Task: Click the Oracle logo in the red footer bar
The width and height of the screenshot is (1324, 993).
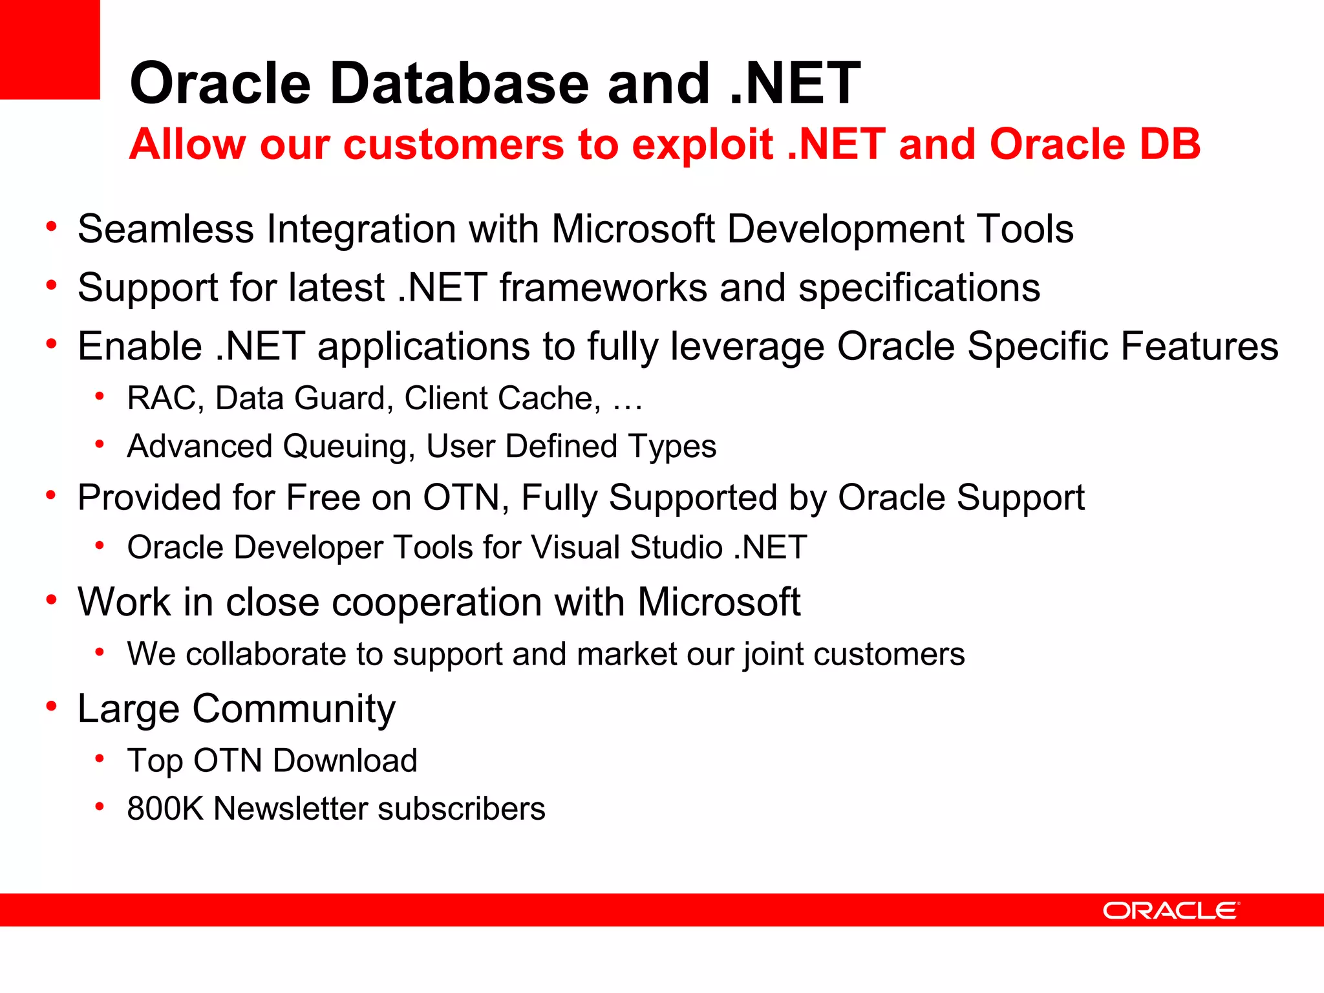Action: pos(1170,910)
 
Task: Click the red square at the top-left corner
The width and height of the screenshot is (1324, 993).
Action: pos(50,49)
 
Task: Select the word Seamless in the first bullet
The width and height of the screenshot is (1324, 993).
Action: pos(165,229)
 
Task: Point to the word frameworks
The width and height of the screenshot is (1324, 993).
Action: pos(603,287)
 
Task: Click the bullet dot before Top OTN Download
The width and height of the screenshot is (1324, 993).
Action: pos(100,758)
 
